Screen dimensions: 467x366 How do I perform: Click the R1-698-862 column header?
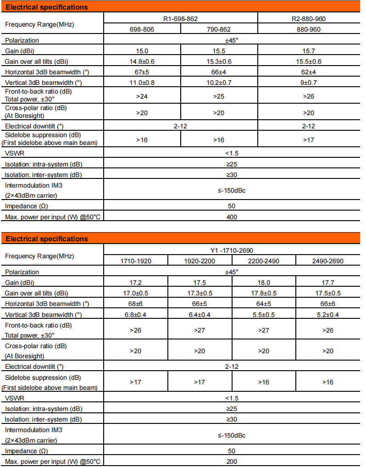pyautogui.click(x=181, y=19)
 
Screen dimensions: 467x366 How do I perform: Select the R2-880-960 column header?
pyautogui.click(x=309, y=19)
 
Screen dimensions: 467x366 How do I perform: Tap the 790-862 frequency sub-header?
pyautogui.click(x=219, y=29)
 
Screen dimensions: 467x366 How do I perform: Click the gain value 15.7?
pyautogui.click(x=309, y=51)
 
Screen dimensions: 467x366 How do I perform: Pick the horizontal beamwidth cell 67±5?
pyautogui.click(x=142, y=72)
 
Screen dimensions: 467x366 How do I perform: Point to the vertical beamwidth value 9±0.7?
pyautogui.click(x=309, y=83)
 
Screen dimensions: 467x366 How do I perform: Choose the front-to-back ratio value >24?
pyautogui.click(x=142, y=96)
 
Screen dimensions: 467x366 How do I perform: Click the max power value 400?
pyautogui.click(x=232, y=217)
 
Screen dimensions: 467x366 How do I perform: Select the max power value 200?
pyautogui.click(x=232, y=461)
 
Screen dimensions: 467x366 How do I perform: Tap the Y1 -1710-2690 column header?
pyautogui.click(x=232, y=250)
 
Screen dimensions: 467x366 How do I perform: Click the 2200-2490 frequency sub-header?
pyautogui.click(x=264, y=261)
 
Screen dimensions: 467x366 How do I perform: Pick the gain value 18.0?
pyautogui.click(x=264, y=283)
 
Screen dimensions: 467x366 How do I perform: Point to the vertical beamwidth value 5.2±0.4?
pyautogui.click(x=328, y=314)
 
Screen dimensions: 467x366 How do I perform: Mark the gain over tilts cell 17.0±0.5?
pyautogui.click(x=136, y=293)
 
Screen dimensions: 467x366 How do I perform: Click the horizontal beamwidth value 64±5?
pyautogui.click(x=264, y=304)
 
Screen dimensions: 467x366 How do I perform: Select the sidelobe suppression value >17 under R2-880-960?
pyautogui.click(x=309, y=139)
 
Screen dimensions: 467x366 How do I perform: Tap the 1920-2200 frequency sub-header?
pyautogui.click(x=200, y=261)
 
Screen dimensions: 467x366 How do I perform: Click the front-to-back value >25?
pyautogui.click(x=219, y=96)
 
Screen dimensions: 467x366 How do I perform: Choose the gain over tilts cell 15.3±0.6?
pyautogui.click(x=219, y=61)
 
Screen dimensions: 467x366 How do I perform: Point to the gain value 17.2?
pyautogui.click(x=136, y=283)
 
